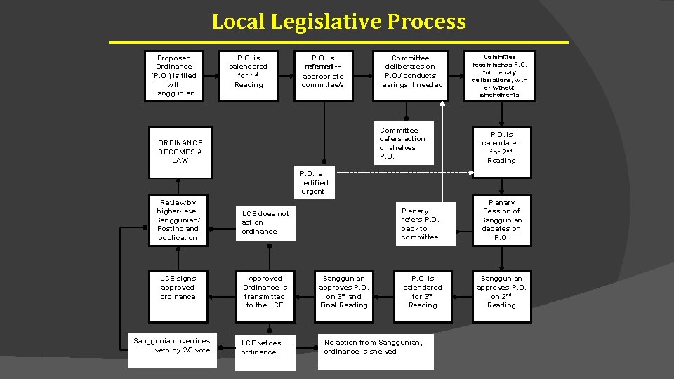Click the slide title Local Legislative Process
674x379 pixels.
[x=338, y=22]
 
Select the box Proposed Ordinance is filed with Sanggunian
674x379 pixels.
[x=174, y=76]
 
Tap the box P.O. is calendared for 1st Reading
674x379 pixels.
[x=249, y=71]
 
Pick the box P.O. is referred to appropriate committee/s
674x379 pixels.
[x=323, y=71]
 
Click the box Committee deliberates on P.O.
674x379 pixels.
[x=410, y=72]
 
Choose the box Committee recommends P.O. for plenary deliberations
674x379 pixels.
[x=500, y=76]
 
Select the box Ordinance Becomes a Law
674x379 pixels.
[x=180, y=151]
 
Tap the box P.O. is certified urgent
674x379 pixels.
[x=313, y=182]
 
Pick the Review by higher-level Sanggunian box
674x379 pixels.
[x=178, y=220]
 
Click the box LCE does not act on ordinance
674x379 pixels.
[x=266, y=222]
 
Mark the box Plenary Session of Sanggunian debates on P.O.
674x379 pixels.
[x=501, y=220]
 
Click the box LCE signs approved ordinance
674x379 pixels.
[x=178, y=287]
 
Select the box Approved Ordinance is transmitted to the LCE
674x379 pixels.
[x=265, y=291]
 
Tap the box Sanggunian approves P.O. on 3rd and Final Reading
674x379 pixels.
[x=343, y=291]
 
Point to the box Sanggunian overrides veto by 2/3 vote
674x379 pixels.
[x=173, y=345]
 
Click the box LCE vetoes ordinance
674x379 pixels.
[x=265, y=347]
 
